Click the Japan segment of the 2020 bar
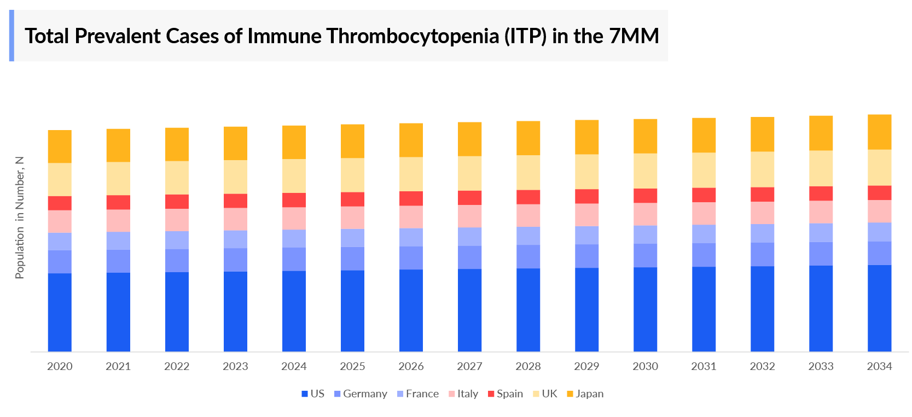(x=60, y=146)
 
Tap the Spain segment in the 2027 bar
(x=469, y=198)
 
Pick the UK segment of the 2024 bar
(x=294, y=176)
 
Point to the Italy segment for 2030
(x=645, y=214)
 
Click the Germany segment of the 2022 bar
(x=177, y=261)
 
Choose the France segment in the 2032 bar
(x=762, y=233)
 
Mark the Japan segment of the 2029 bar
(x=586, y=137)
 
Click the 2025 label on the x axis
(x=352, y=366)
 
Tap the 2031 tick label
(x=704, y=366)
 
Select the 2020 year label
(x=60, y=366)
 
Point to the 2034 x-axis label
(x=879, y=366)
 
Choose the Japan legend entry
(x=585, y=394)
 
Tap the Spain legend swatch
(x=491, y=394)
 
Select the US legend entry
(x=313, y=394)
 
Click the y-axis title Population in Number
(x=20, y=218)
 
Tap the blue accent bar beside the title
(x=11, y=36)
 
